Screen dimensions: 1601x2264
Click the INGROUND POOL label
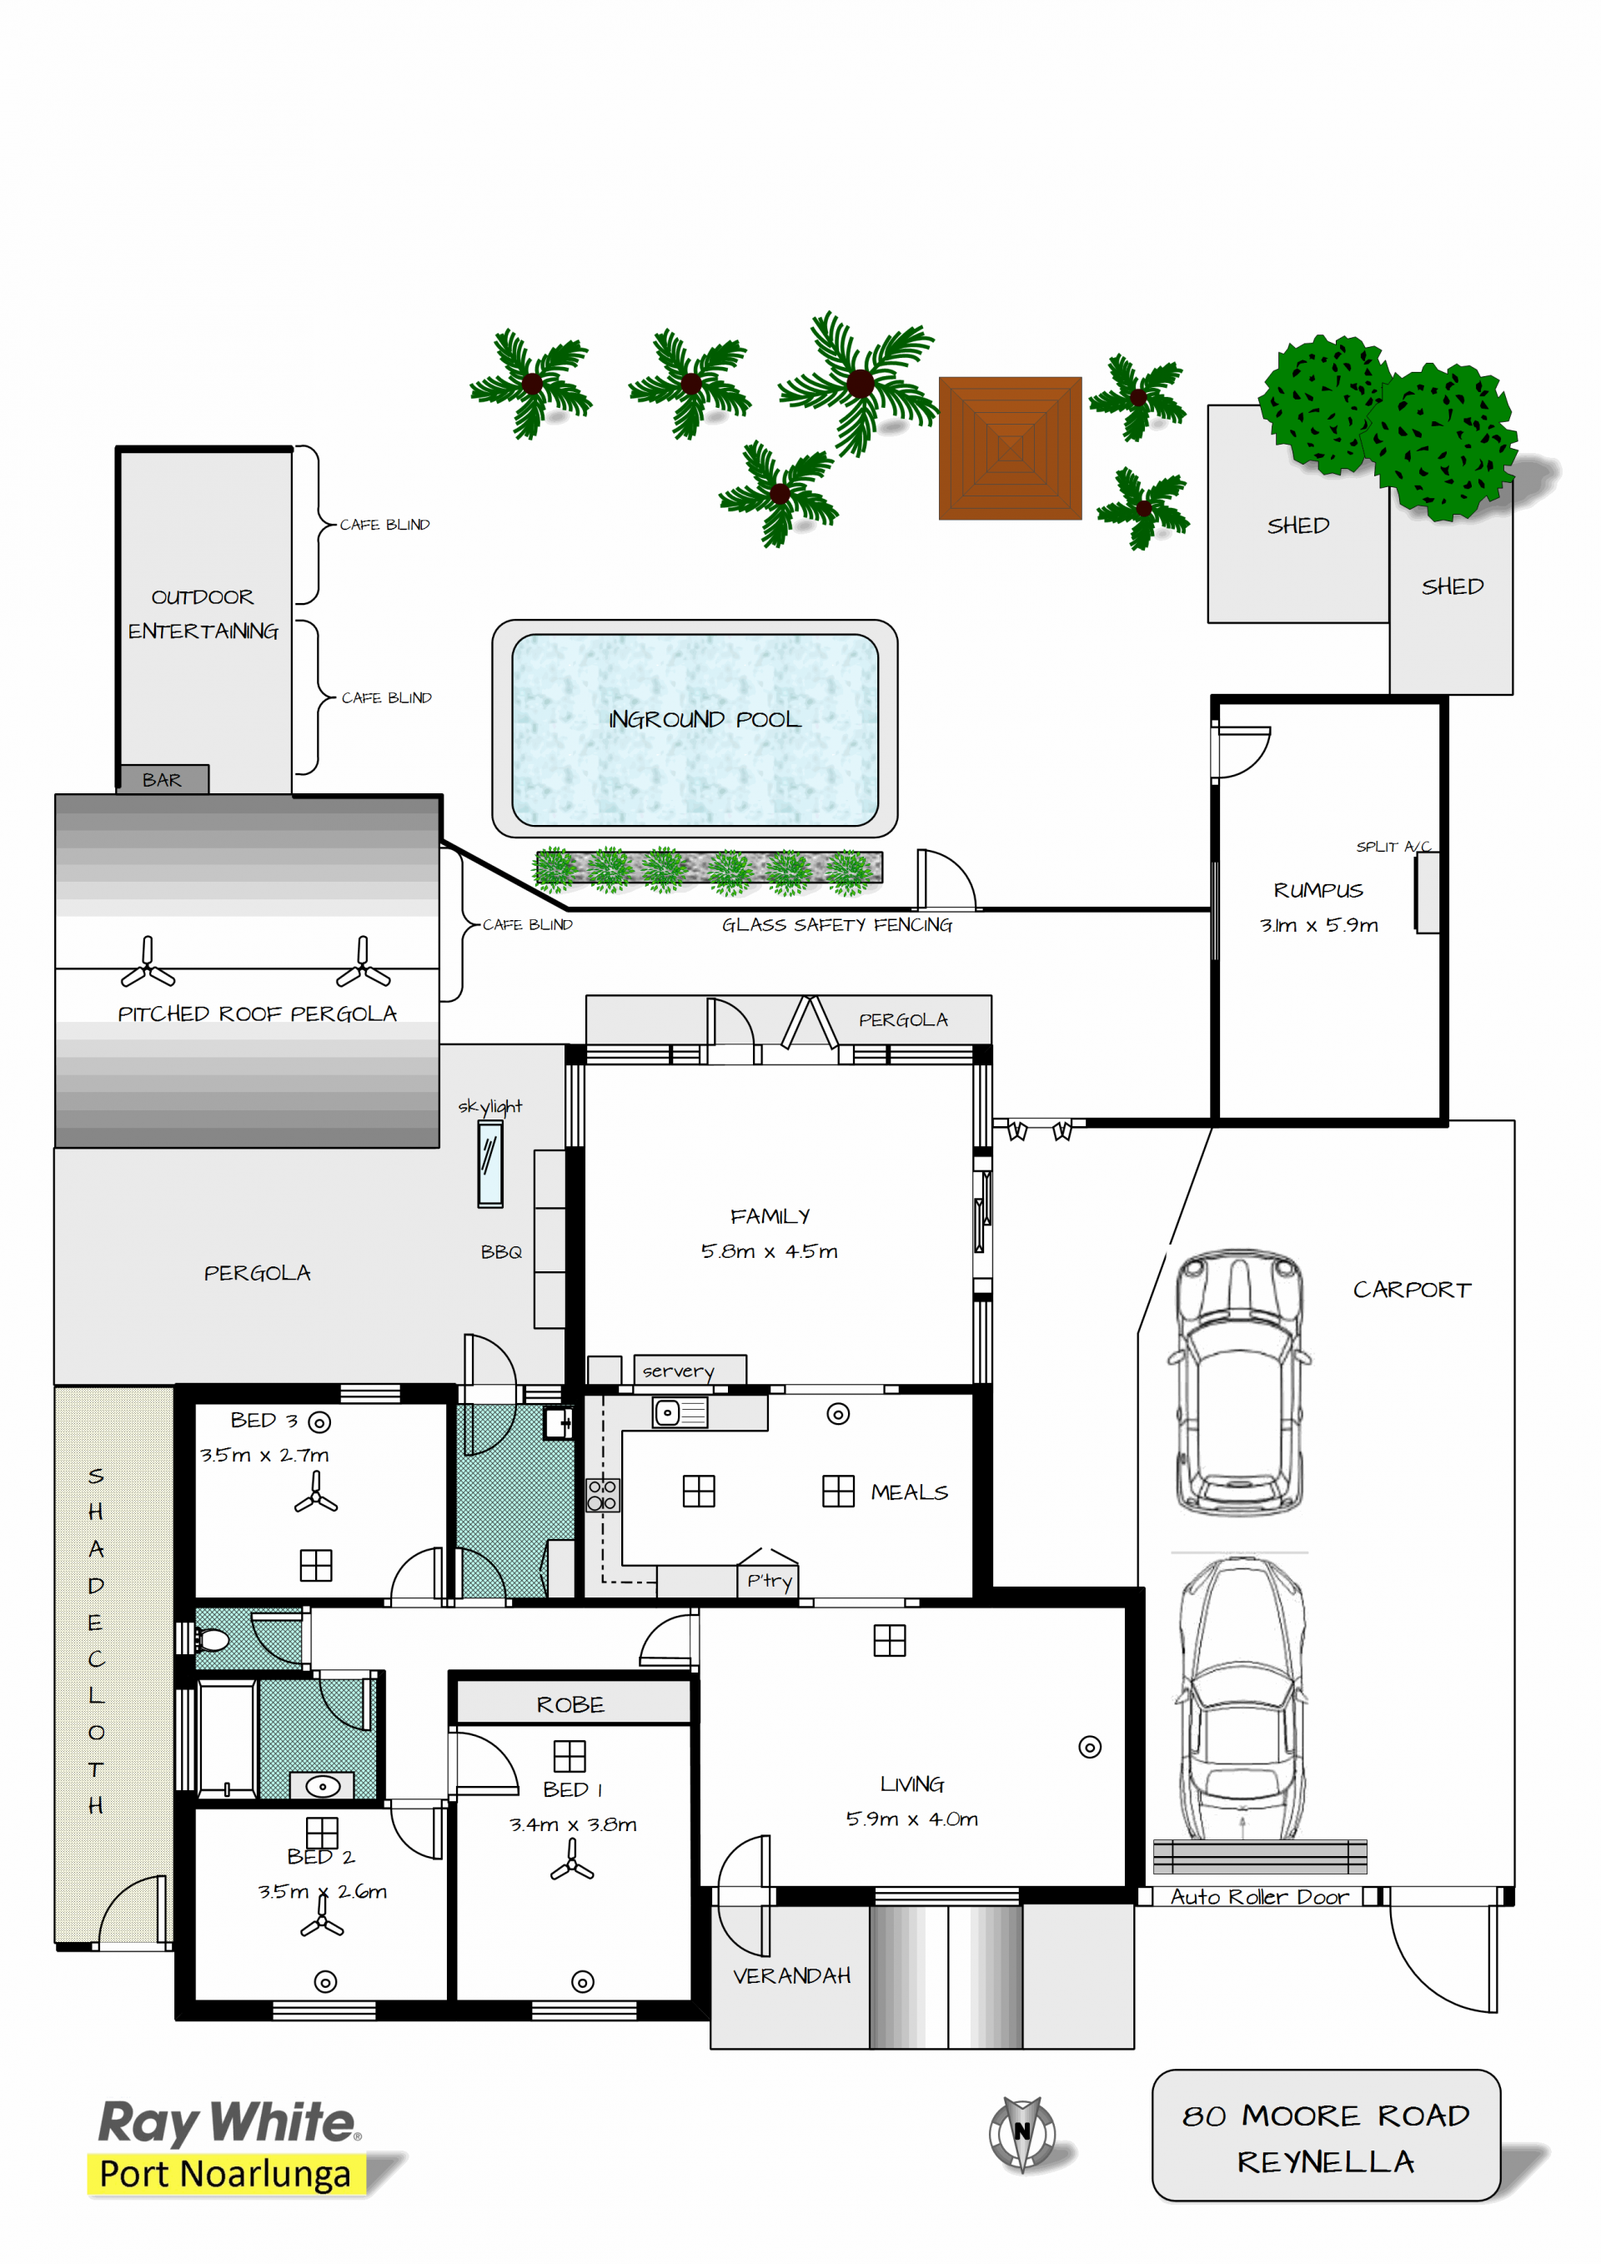coord(704,720)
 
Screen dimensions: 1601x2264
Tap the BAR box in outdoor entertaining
coord(163,779)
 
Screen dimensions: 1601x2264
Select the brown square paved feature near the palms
coord(1010,448)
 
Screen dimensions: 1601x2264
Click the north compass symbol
coord(1022,2134)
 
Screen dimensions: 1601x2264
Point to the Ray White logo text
coord(228,2122)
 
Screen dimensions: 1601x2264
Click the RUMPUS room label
coord(1318,890)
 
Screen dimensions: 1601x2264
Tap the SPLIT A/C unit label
coord(1393,846)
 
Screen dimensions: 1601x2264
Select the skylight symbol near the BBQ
coord(490,1165)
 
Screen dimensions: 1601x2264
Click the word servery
coord(678,1371)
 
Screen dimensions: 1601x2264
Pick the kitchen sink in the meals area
coord(680,1413)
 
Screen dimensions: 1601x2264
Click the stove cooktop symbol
coord(602,1495)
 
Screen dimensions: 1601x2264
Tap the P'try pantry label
coord(769,1581)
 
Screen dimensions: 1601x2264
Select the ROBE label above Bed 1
coord(571,1705)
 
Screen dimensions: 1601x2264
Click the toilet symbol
coord(210,1641)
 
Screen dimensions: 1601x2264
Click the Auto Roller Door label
coord(1259,1896)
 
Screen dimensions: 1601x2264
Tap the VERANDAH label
coord(791,1976)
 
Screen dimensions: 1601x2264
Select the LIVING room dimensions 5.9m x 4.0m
coord(912,1819)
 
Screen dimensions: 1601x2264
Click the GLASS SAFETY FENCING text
coord(837,925)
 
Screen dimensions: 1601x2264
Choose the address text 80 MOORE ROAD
coord(1326,2116)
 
